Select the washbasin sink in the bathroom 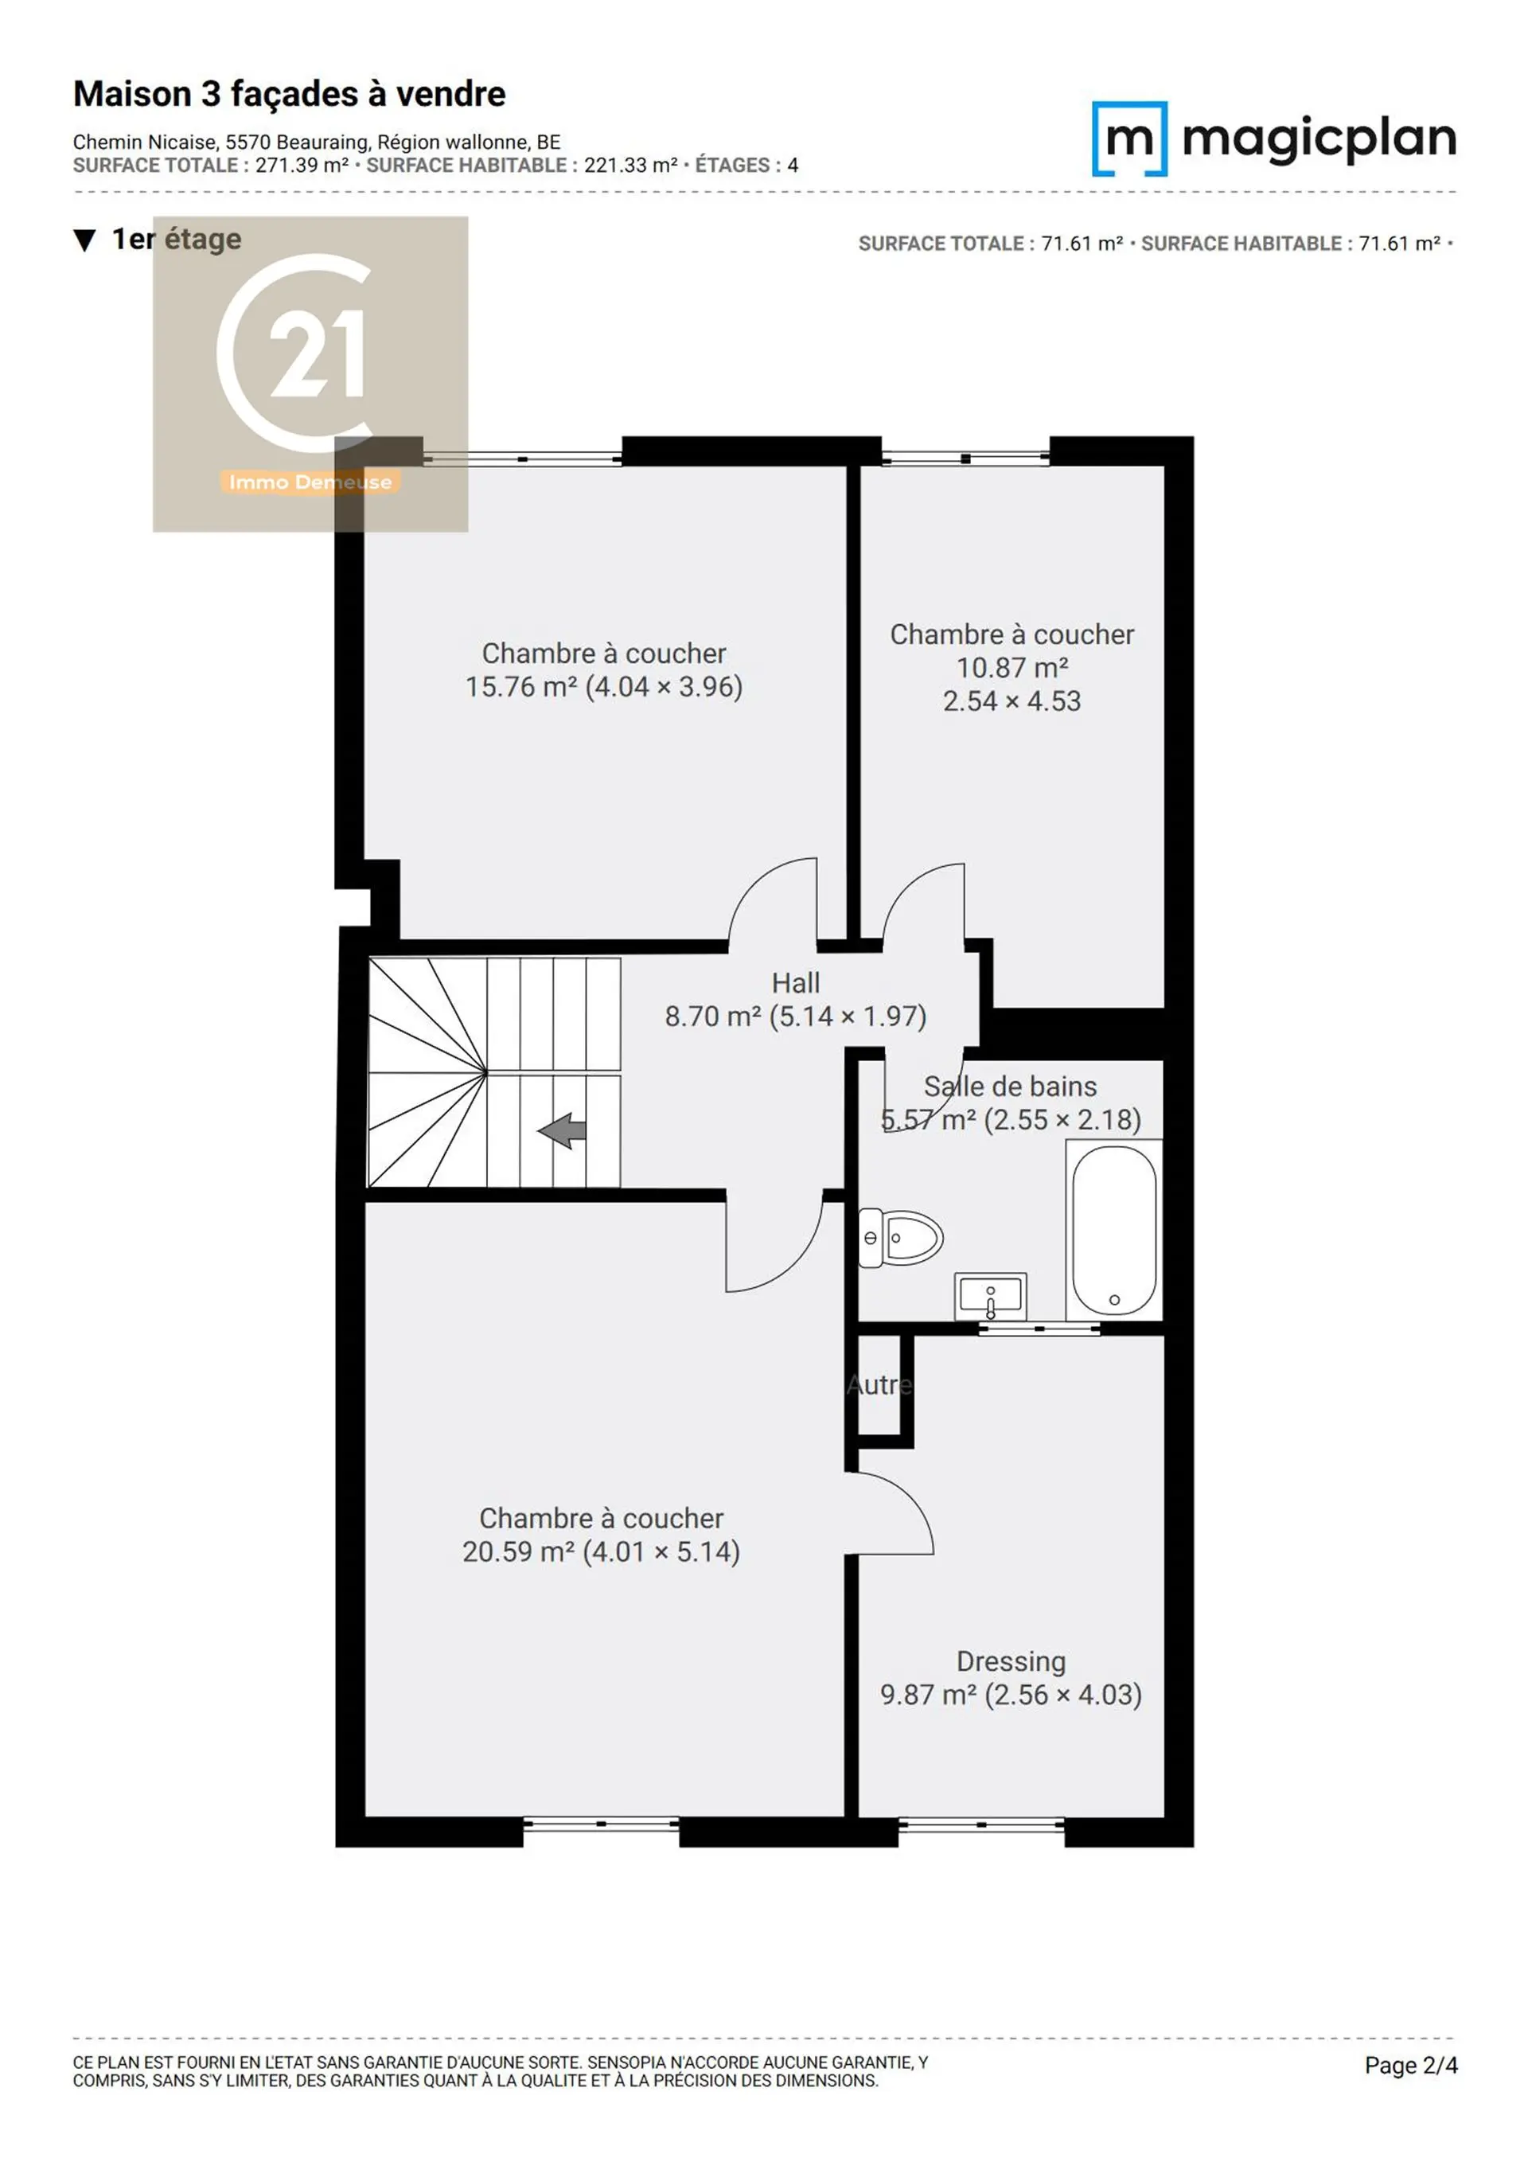pos(991,1297)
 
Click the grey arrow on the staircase pos(562,1130)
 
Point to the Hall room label pos(796,983)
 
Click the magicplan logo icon pos(1130,139)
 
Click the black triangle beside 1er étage pos(84,241)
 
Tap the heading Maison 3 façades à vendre pos(290,94)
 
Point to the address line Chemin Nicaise pos(318,142)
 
